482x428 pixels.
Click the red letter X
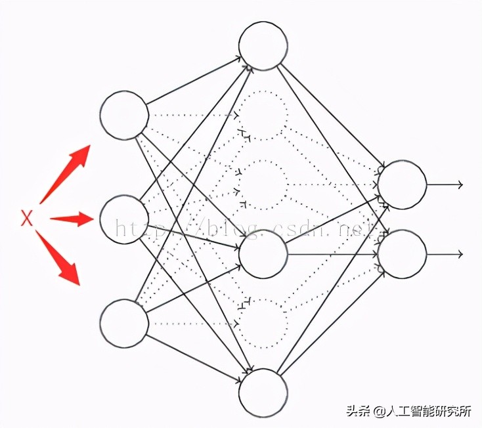[x=26, y=219]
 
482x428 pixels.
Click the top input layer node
[x=124, y=116]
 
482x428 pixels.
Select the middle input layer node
[x=124, y=219]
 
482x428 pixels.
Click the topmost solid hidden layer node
[x=263, y=46]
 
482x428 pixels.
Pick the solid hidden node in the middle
[x=263, y=254]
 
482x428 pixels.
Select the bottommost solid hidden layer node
[x=263, y=393]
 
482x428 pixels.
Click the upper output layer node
[x=402, y=184]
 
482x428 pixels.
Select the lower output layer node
[x=402, y=254]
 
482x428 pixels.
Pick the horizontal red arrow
[x=72, y=219]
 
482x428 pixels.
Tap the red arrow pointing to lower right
[x=60, y=259]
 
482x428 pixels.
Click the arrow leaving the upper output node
[x=446, y=184]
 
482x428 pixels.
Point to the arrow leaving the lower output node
[x=446, y=254]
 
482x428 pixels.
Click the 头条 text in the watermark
[x=359, y=412]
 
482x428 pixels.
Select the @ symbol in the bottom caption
[x=380, y=412]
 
